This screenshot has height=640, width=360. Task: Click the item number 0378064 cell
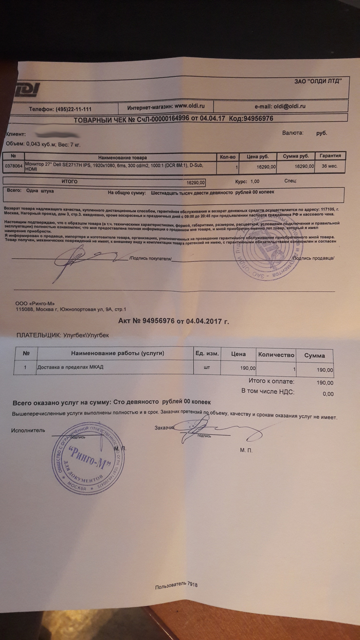click(x=12, y=166)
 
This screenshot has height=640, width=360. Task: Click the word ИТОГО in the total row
click(x=69, y=182)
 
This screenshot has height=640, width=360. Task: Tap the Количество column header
click(x=276, y=354)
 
